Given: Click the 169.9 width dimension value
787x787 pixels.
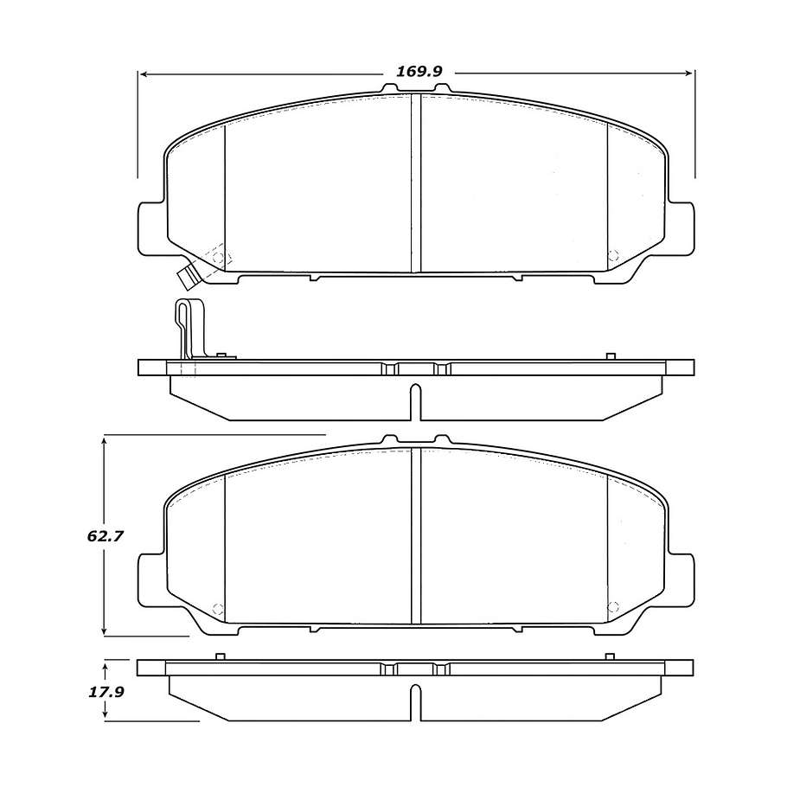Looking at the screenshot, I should pyautogui.click(x=419, y=72).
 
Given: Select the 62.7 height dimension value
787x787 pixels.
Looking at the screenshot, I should pyautogui.click(x=106, y=535).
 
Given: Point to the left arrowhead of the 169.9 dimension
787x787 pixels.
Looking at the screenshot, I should pyautogui.click(x=144, y=74).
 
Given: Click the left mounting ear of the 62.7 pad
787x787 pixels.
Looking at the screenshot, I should pyautogui.click(x=150, y=580).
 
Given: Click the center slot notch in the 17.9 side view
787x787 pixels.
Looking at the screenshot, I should pyautogui.click(x=416, y=702).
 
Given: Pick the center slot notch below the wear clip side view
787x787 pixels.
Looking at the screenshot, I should pyautogui.click(x=416, y=402).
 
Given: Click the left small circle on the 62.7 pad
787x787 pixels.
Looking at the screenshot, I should pyautogui.click(x=217, y=607).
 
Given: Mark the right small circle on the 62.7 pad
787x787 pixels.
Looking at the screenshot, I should pyautogui.click(x=614, y=607).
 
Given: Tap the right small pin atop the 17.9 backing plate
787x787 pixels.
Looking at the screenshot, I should pyautogui.click(x=610, y=656).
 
